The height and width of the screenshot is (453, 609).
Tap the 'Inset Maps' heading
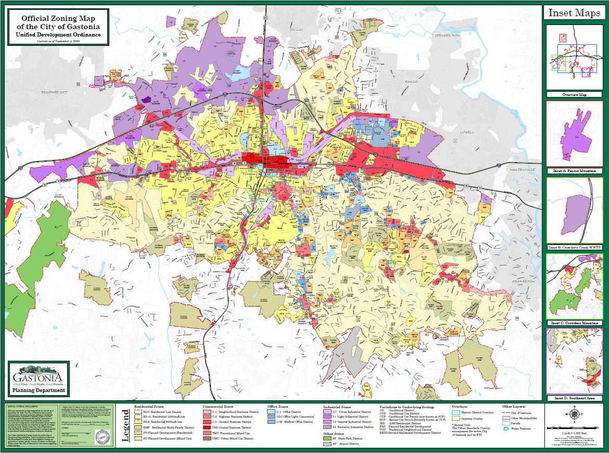tap(574, 13)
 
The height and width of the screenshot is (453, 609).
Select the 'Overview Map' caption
tap(574, 95)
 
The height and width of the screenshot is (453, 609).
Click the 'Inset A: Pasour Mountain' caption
tap(574, 170)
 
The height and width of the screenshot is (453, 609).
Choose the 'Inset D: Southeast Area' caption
tap(574, 398)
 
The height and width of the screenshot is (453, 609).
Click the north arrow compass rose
tap(575, 415)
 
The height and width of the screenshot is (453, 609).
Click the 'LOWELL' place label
tap(467, 132)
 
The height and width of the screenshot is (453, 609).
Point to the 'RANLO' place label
tap(412, 82)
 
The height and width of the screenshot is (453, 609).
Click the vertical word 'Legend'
tap(125, 425)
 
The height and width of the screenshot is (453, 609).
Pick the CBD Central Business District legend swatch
tap(207, 427)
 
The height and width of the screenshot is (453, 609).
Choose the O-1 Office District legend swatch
tap(271, 412)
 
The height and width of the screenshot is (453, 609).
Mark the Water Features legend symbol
tap(507, 429)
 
